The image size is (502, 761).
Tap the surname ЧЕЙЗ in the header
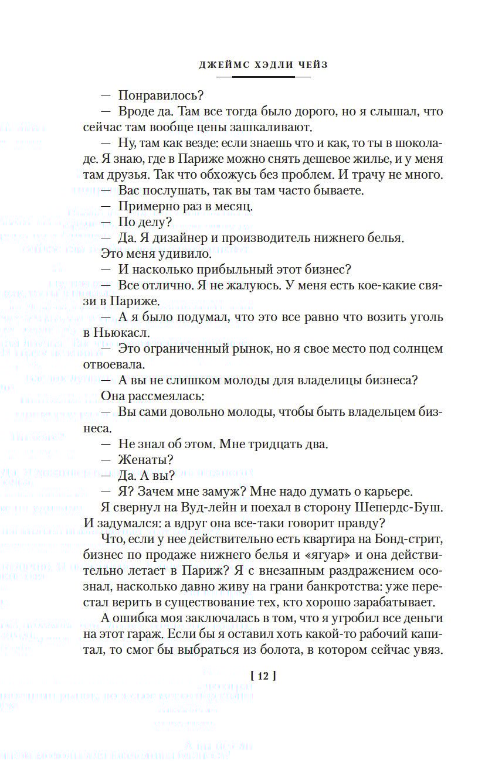[308, 65]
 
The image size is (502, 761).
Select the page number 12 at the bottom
[262, 675]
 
